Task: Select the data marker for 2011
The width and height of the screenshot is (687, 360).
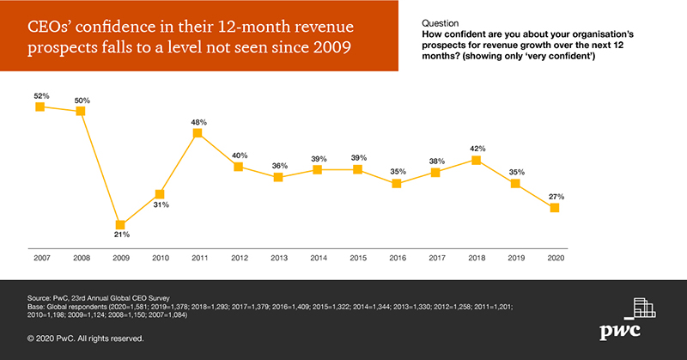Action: coord(198,133)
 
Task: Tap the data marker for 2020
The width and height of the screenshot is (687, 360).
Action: coord(555,208)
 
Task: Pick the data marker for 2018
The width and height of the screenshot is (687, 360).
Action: coord(476,159)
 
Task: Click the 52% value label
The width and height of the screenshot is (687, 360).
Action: coord(40,95)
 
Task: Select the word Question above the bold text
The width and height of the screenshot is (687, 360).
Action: coord(440,23)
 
